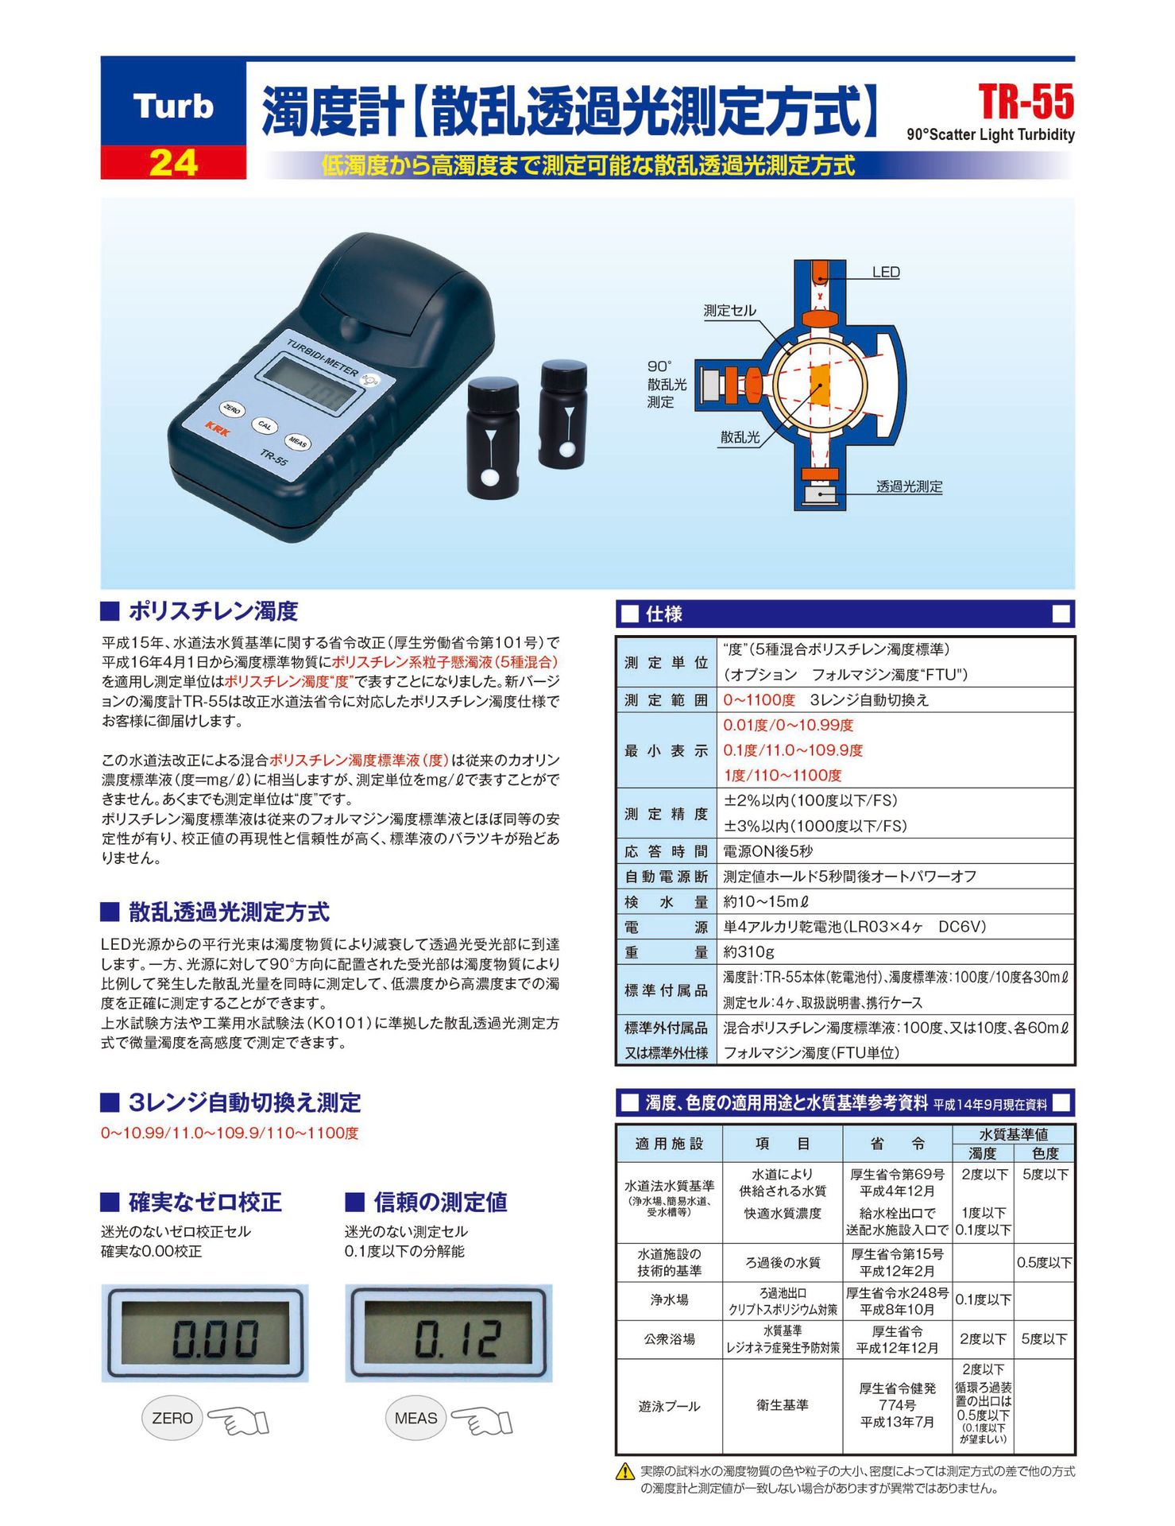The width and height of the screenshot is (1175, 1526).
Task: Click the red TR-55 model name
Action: click(1026, 103)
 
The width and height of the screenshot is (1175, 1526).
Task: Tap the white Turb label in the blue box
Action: click(173, 107)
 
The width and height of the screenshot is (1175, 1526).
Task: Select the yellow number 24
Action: click(173, 163)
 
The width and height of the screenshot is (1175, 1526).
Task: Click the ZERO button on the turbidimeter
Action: click(232, 409)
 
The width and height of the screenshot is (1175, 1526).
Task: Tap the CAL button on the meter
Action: click(265, 426)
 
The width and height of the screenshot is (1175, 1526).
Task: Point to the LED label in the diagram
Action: click(886, 273)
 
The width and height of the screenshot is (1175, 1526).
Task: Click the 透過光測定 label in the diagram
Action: click(909, 486)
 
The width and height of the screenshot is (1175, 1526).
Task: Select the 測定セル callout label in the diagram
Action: click(730, 311)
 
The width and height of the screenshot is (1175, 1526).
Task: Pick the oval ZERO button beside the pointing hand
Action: click(172, 1418)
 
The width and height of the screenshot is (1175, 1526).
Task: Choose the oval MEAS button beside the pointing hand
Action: click(416, 1418)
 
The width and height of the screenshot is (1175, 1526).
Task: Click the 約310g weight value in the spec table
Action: click(748, 952)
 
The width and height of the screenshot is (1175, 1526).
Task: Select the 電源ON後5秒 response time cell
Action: click(767, 851)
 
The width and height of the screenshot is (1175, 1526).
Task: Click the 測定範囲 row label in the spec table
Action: click(666, 700)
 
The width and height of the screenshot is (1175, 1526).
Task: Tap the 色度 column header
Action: click(1045, 1153)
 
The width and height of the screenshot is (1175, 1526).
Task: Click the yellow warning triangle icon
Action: click(625, 1471)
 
